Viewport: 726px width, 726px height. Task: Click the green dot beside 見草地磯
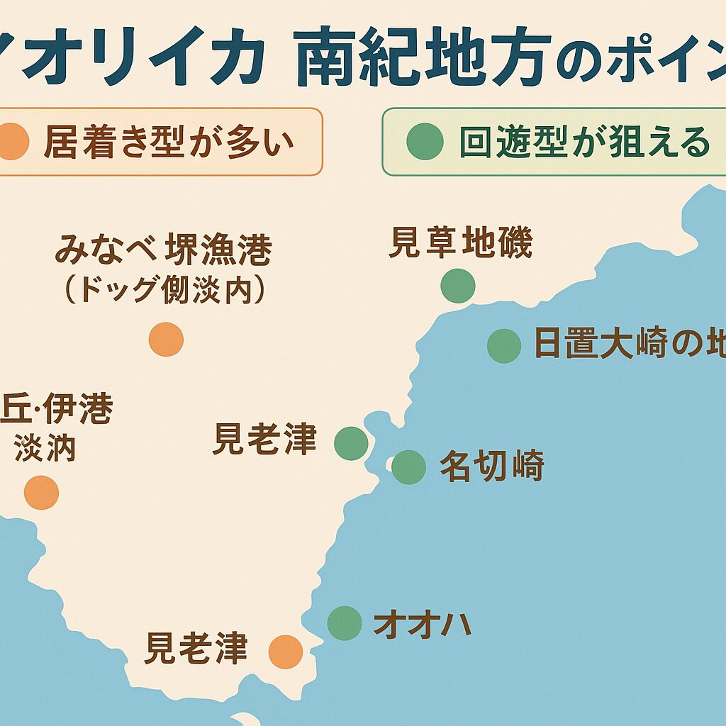pos(457,286)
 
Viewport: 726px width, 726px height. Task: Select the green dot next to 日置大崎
pos(504,346)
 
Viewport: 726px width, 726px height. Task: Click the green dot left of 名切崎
pos(408,467)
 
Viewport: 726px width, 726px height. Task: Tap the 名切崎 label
pos(491,467)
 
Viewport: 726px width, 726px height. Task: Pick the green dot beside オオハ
pos(345,623)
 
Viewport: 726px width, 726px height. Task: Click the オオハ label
pos(423,625)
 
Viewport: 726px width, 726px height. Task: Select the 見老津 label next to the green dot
pos(264,440)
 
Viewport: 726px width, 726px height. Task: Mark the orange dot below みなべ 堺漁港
pos(166,339)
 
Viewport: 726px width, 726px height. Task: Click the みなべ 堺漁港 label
pos(163,251)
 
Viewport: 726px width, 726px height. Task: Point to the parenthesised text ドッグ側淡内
pos(165,290)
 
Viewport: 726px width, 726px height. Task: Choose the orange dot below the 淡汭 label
pos(41,492)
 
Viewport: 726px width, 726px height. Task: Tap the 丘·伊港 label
pos(57,410)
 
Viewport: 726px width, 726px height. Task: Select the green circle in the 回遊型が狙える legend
pos(425,141)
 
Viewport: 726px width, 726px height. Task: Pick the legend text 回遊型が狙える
pos(584,143)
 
